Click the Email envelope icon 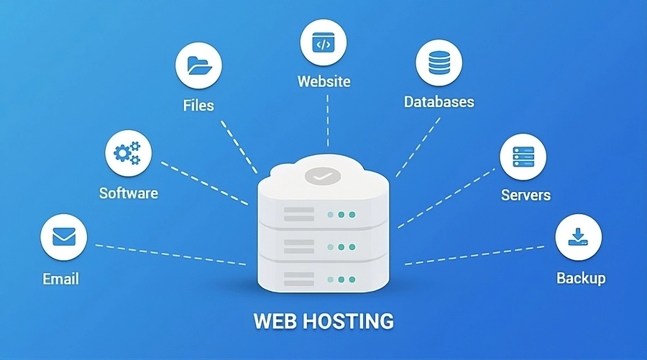[x=64, y=236]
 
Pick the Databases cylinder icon [x=439, y=63]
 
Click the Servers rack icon [x=523, y=157]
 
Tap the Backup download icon [x=578, y=237]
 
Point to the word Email [x=60, y=279]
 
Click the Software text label [x=128, y=193]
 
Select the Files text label [x=198, y=106]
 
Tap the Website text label [x=324, y=81]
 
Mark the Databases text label [x=439, y=101]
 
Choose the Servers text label [x=526, y=195]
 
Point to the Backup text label [x=581, y=278]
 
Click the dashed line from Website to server [x=327, y=122]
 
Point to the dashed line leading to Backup [x=474, y=255]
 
